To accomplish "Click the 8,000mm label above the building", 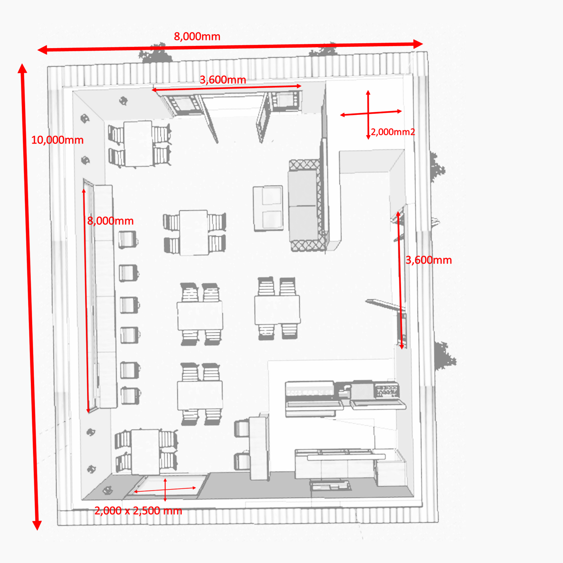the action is coord(197,37).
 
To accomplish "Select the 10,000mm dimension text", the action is coord(57,140).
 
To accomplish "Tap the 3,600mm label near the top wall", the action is coord(223,80).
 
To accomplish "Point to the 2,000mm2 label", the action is coord(393,132).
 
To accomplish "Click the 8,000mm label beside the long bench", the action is coord(110,221).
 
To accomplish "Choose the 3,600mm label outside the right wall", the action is coord(429,260).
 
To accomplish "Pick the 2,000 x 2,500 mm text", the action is coord(138,510).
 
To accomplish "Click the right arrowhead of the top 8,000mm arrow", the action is coord(418,44).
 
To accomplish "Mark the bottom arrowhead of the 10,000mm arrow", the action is coord(37,525).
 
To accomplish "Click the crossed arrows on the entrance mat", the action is coord(165,489).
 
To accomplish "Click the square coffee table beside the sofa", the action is coord(268,208).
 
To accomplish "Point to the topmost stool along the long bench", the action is coord(128,240).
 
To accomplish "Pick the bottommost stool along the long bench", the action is coord(130,396).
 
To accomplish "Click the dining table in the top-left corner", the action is coord(138,143).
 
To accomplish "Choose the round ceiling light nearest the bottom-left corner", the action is coord(107,490).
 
